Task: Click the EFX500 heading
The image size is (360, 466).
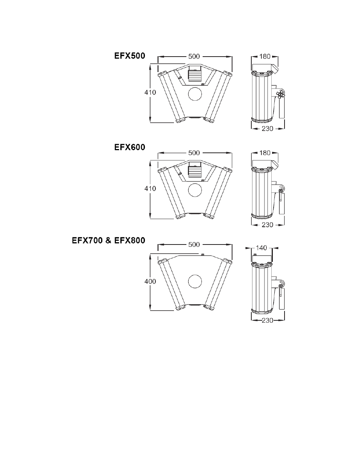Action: pos(130,56)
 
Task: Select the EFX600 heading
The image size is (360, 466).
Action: pos(130,147)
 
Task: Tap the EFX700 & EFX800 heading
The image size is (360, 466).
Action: pos(109,240)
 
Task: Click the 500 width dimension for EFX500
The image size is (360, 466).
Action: pos(194,56)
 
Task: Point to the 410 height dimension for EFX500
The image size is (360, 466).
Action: pos(150,92)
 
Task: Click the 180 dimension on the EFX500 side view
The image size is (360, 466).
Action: pos(265,56)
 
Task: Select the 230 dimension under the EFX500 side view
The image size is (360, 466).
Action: pos(268,129)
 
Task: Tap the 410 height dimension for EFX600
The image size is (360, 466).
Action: pos(150,189)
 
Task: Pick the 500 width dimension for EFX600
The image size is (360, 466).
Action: pos(194,153)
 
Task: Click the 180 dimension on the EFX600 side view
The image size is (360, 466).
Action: pos(265,153)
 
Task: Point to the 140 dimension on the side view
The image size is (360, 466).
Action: pos(262,248)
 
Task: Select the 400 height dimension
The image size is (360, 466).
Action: pos(150,281)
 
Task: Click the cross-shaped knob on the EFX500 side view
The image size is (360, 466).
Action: pos(280,94)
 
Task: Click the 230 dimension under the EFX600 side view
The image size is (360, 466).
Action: pos(268,225)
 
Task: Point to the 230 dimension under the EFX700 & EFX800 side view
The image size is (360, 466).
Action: pos(268,320)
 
